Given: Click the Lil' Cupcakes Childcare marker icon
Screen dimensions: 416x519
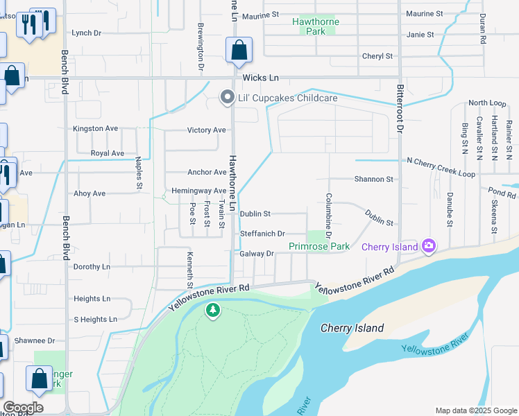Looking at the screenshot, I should coord(226,98).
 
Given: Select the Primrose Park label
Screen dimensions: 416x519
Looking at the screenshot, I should coord(319,246).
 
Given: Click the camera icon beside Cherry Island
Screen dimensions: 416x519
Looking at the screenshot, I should coord(429,245).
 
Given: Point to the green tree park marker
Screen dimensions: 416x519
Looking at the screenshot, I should coord(213,311).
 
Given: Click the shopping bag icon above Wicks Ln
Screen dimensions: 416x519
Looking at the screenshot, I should coord(239,50).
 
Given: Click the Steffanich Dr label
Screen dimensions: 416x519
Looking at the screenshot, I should coord(262,234).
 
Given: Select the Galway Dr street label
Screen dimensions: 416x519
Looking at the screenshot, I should coord(257,254).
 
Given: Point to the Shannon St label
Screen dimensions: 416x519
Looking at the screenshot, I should coord(373,179).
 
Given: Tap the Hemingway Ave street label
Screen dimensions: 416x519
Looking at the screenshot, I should coord(198,191).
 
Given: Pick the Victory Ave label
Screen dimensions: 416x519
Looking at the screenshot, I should coord(207,130).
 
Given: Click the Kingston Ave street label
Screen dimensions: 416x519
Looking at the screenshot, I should coord(96,129).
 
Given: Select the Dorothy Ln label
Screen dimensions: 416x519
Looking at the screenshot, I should coord(92,266).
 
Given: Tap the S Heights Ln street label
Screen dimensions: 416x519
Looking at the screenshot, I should coord(95,320).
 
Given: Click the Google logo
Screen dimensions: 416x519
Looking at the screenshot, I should coord(23,408).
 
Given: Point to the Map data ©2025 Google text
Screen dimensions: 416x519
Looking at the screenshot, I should coord(475,410).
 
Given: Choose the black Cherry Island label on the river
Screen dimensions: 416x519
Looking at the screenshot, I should coord(352,328).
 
